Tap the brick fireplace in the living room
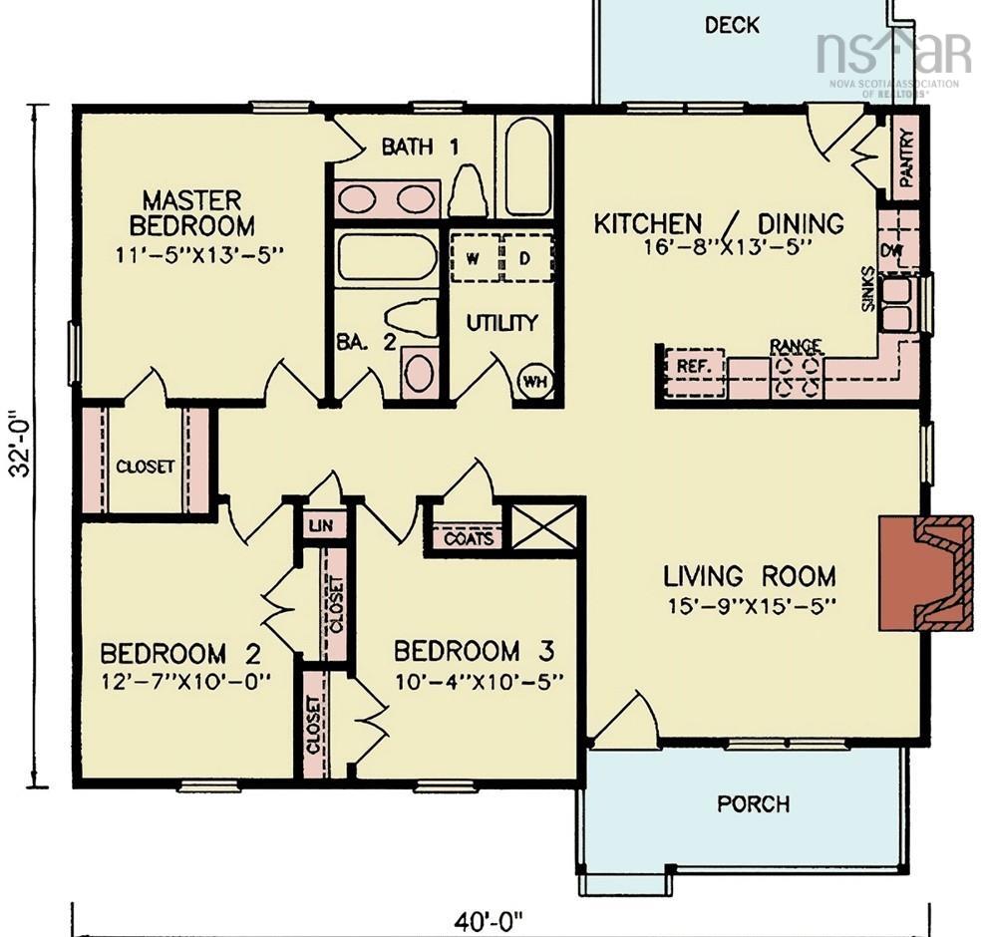(926, 572)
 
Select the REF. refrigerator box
(695, 373)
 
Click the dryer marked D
(527, 257)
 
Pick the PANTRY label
(907, 156)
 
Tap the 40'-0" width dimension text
(490, 923)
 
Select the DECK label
(732, 26)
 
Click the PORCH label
(753, 803)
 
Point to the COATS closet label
(469, 539)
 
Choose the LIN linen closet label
(321, 525)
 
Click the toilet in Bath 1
(469, 188)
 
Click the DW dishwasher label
(890, 250)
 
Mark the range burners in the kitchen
(797, 377)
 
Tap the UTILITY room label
(501, 323)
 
